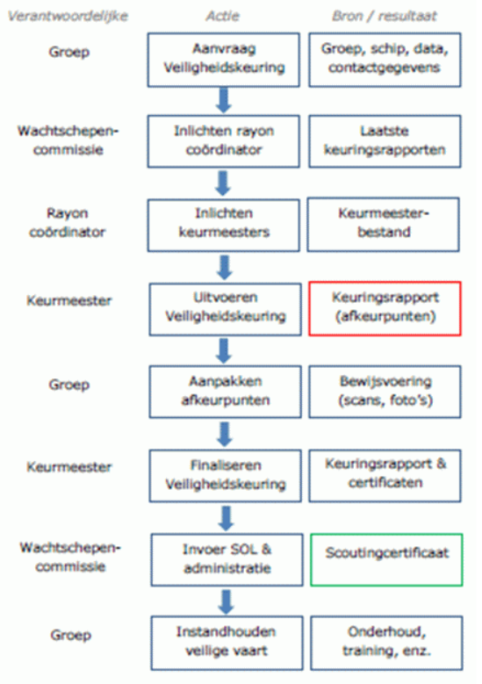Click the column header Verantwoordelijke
pyautogui.click(x=68, y=16)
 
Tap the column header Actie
pyautogui.click(x=223, y=16)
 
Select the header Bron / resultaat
pyautogui.click(x=385, y=16)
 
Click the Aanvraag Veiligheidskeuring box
pyautogui.click(x=224, y=60)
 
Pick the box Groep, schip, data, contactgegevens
pyautogui.click(x=385, y=60)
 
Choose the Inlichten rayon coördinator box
pyautogui.click(x=224, y=141)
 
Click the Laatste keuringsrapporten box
pyautogui.click(x=385, y=141)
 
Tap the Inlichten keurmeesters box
pyautogui.click(x=224, y=225)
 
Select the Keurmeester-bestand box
pyautogui.click(x=383, y=225)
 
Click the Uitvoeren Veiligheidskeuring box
pyautogui.click(x=225, y=309)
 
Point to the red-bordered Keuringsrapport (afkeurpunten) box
pyautogui.click(x=385, y=308)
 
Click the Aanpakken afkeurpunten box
pyautogui.click(x=225, y=392)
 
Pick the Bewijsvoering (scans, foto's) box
pyautogui.click(x=385, y=392)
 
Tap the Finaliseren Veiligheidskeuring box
pyautogui.click(x=225, y=476)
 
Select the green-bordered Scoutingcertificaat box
pyautogui.click(x=386, y=559)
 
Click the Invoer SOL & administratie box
pyautogui.click(x=227, y=559)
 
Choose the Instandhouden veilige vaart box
pyautogui.click(x=227, y=643)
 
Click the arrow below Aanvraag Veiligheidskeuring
pyautogui.click(x=223, y=101)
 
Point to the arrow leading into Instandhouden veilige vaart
pyautogui.click(x=227, y=601)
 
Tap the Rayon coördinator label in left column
pyautogui.click(x=68, y=222)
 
